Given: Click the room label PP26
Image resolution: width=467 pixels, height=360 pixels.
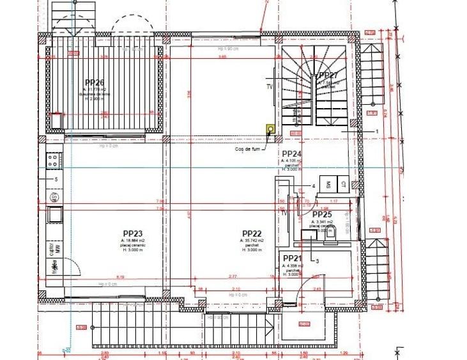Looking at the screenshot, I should (94, 82).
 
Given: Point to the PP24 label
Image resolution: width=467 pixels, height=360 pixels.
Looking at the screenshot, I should (291, 154).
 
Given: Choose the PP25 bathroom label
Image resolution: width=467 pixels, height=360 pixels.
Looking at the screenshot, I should (322, 214).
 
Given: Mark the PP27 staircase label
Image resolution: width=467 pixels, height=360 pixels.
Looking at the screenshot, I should (328, 75).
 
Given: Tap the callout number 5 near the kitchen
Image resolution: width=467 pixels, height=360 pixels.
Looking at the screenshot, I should (56, 180).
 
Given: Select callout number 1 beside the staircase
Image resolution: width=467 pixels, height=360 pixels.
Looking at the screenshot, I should (378, 130).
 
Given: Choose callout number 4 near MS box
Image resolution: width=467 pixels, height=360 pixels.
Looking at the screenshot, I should (313, 186).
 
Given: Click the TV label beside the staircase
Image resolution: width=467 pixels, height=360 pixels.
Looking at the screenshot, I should (269, 86).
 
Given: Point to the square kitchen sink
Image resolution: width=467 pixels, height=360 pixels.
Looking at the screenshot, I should (54, 213).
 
